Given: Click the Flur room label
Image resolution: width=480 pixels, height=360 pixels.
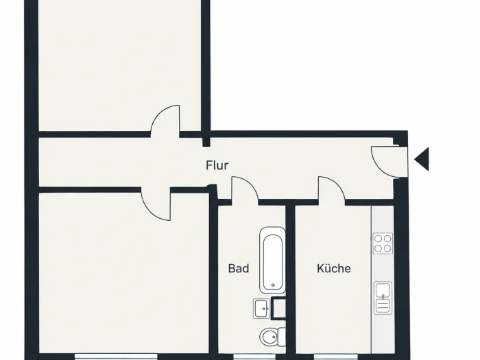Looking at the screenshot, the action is (217, 165).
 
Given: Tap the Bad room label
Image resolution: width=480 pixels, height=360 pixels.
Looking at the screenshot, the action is (239, 269).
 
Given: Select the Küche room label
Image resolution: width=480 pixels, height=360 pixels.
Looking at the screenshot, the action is (334, 268).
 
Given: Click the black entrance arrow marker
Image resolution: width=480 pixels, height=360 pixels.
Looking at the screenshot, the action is (422, 159).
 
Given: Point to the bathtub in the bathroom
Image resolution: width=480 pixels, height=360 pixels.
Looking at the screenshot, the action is (272, 260).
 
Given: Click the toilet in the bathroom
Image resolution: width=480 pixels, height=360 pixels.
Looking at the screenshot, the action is (272, 337).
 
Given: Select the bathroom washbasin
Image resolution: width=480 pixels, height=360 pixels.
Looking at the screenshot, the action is (262, 309).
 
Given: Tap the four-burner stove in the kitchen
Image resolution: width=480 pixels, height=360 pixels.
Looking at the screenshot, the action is (383, 243).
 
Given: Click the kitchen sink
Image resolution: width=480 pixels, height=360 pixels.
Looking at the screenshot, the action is (383, 298).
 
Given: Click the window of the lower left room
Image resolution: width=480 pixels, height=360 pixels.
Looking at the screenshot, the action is (117, 357).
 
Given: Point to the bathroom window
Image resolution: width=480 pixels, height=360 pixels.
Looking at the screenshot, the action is (254, 357).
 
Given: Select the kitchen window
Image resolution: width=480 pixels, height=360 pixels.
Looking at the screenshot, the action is (335, 357).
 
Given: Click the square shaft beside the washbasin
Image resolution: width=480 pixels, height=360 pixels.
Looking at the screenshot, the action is (278, 309).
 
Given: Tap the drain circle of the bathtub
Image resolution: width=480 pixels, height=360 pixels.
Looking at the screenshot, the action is (273, 285).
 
